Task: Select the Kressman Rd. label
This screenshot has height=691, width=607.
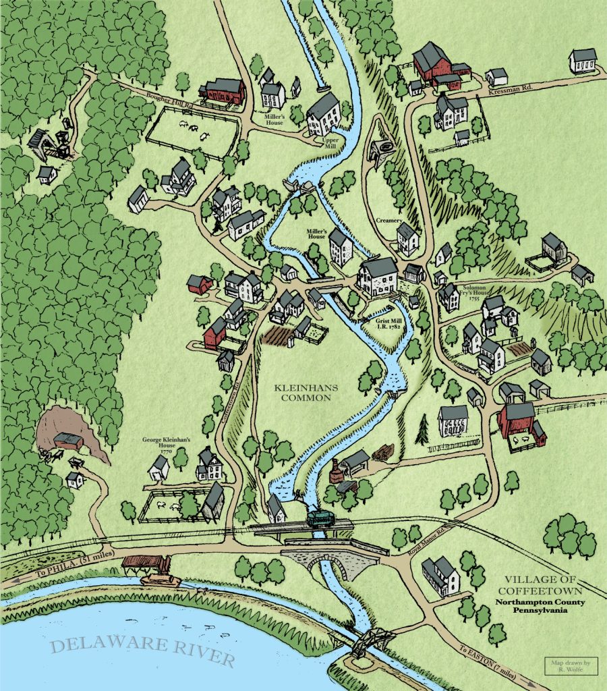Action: pyautogui.click(x=510, y=89)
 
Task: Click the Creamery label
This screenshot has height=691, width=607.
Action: pyautogui.click(x=390, y=221)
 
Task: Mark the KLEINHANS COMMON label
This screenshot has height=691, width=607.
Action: pyautogui.click(x=302, y=393)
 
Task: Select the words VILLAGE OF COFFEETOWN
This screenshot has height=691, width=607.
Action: pyautogui.click(x=545, y=584)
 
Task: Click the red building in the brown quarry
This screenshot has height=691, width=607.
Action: pyautogui.click(x=68, y=441)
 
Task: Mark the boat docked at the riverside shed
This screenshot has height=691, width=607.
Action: pyautogui.click(x=157, y=579)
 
